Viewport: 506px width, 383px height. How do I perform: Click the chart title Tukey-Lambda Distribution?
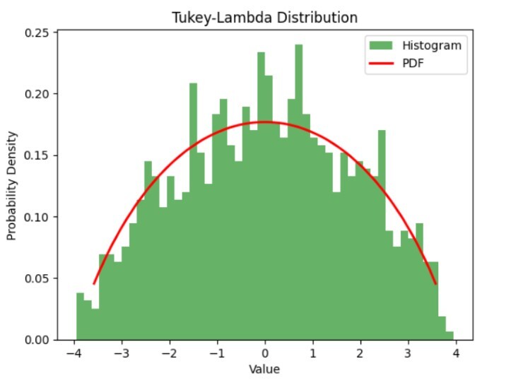pos(264,17)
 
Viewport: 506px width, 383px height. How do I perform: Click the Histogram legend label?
pos(432,46)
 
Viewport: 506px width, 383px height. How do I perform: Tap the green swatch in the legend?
pos(380,46)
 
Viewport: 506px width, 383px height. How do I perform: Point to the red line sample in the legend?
pos(380,64)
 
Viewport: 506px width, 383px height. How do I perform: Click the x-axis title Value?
pos(264,370)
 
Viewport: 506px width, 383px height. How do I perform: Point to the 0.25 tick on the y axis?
pos(38,33)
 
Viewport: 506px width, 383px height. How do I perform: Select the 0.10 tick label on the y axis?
pos(38,217)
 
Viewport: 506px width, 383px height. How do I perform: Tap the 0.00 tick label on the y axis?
pos(38,340)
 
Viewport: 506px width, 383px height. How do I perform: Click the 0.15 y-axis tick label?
pos(38,155)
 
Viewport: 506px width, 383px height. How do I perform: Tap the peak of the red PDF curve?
pos(265,122)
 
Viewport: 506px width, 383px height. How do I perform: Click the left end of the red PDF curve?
pos(94,284)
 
